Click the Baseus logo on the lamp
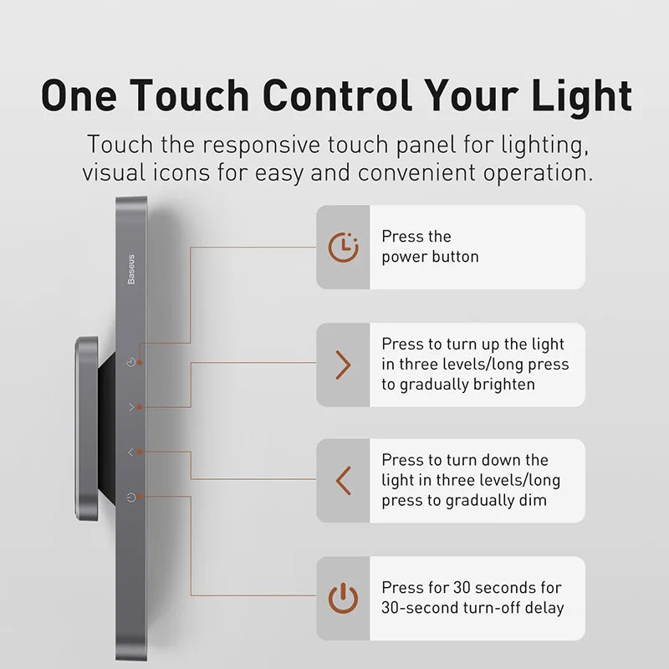tap(131, 269)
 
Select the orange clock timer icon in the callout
tap(343, 247)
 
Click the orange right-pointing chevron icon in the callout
tap(343, 365)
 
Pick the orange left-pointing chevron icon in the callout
tap(343, 481)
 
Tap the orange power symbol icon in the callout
tap(343, 598)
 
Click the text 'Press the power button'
tap(430, 247)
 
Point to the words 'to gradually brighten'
tap(458, 385)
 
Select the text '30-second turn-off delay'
tap(472, 608)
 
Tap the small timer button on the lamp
tap(130, 363)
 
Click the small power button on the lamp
tap(130, 498)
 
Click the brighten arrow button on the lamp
tap(130, 407)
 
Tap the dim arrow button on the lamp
tap(130, 452)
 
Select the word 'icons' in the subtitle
tap(176, 173)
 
